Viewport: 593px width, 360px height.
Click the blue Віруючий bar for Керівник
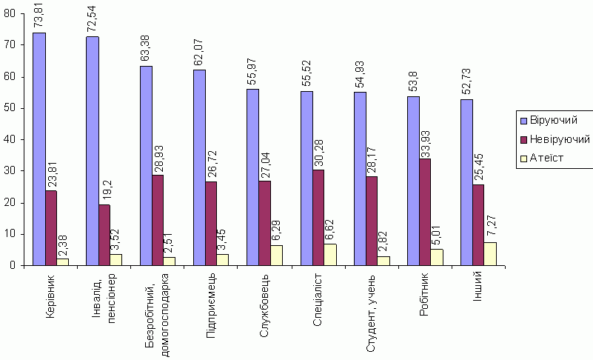click(x=39, y=148)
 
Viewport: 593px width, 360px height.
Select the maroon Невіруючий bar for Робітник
click(x=425, y=211)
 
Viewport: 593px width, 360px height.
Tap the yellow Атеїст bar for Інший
click(x=490, y=253)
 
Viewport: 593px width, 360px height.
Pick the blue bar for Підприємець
click(x=199, y=167)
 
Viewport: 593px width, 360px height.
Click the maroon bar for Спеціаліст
click(x=318, y=217)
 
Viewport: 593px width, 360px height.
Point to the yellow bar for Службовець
click(x=276, y=255)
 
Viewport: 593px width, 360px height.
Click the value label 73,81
click(x=40, y=16)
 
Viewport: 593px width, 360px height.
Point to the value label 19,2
click(x=104, y=191)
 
